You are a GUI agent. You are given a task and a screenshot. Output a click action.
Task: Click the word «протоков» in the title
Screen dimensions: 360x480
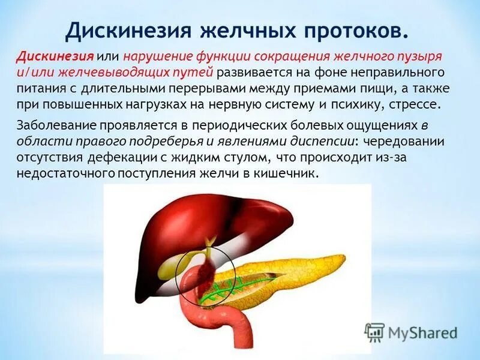point(344,30)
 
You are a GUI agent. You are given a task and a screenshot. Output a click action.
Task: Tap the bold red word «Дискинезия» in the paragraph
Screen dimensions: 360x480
point(55,56)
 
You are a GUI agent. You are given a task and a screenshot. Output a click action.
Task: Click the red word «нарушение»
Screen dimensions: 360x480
point(157,56)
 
